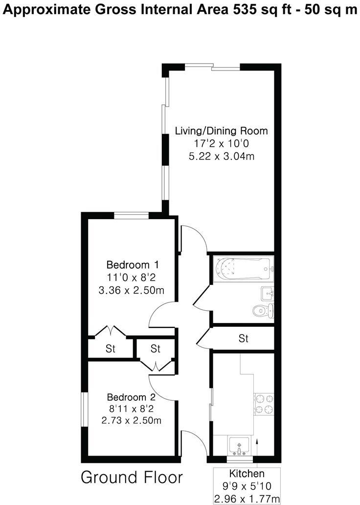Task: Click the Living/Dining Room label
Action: (x=222, y=131)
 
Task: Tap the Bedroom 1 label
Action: (x=133, y=265)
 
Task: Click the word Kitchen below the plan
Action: (x=247, y=474)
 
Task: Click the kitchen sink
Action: (x=239, y=446)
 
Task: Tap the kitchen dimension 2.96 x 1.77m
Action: (x=247, y=499)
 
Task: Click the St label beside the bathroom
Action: (x=243, y=338)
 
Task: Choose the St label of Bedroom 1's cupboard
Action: (x=111, y=349)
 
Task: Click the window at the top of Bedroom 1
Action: (x=131, y=214)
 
